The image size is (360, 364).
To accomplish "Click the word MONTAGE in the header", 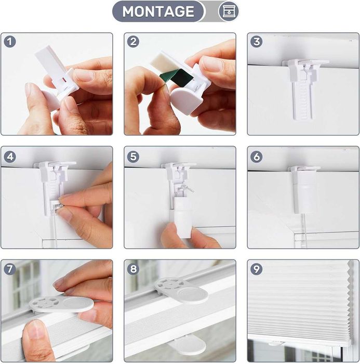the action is point(158,11).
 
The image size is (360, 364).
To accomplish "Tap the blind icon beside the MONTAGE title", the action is point(229,11).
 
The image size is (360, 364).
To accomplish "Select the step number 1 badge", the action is point(10,42).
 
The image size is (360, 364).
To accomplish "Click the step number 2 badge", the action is point(133,42).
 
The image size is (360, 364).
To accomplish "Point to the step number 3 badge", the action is point(256,42).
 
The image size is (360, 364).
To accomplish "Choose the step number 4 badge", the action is point(10,157).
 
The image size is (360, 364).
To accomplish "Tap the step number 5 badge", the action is point(133,157).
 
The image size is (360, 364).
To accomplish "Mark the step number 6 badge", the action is point(256,157).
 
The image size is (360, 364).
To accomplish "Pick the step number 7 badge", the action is point(10,269).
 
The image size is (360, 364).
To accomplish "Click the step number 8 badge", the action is point(133,269).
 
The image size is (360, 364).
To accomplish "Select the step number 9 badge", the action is point(256,269).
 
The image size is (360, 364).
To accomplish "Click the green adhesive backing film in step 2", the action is point(176,78).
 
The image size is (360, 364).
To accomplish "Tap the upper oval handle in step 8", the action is point(181,290).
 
